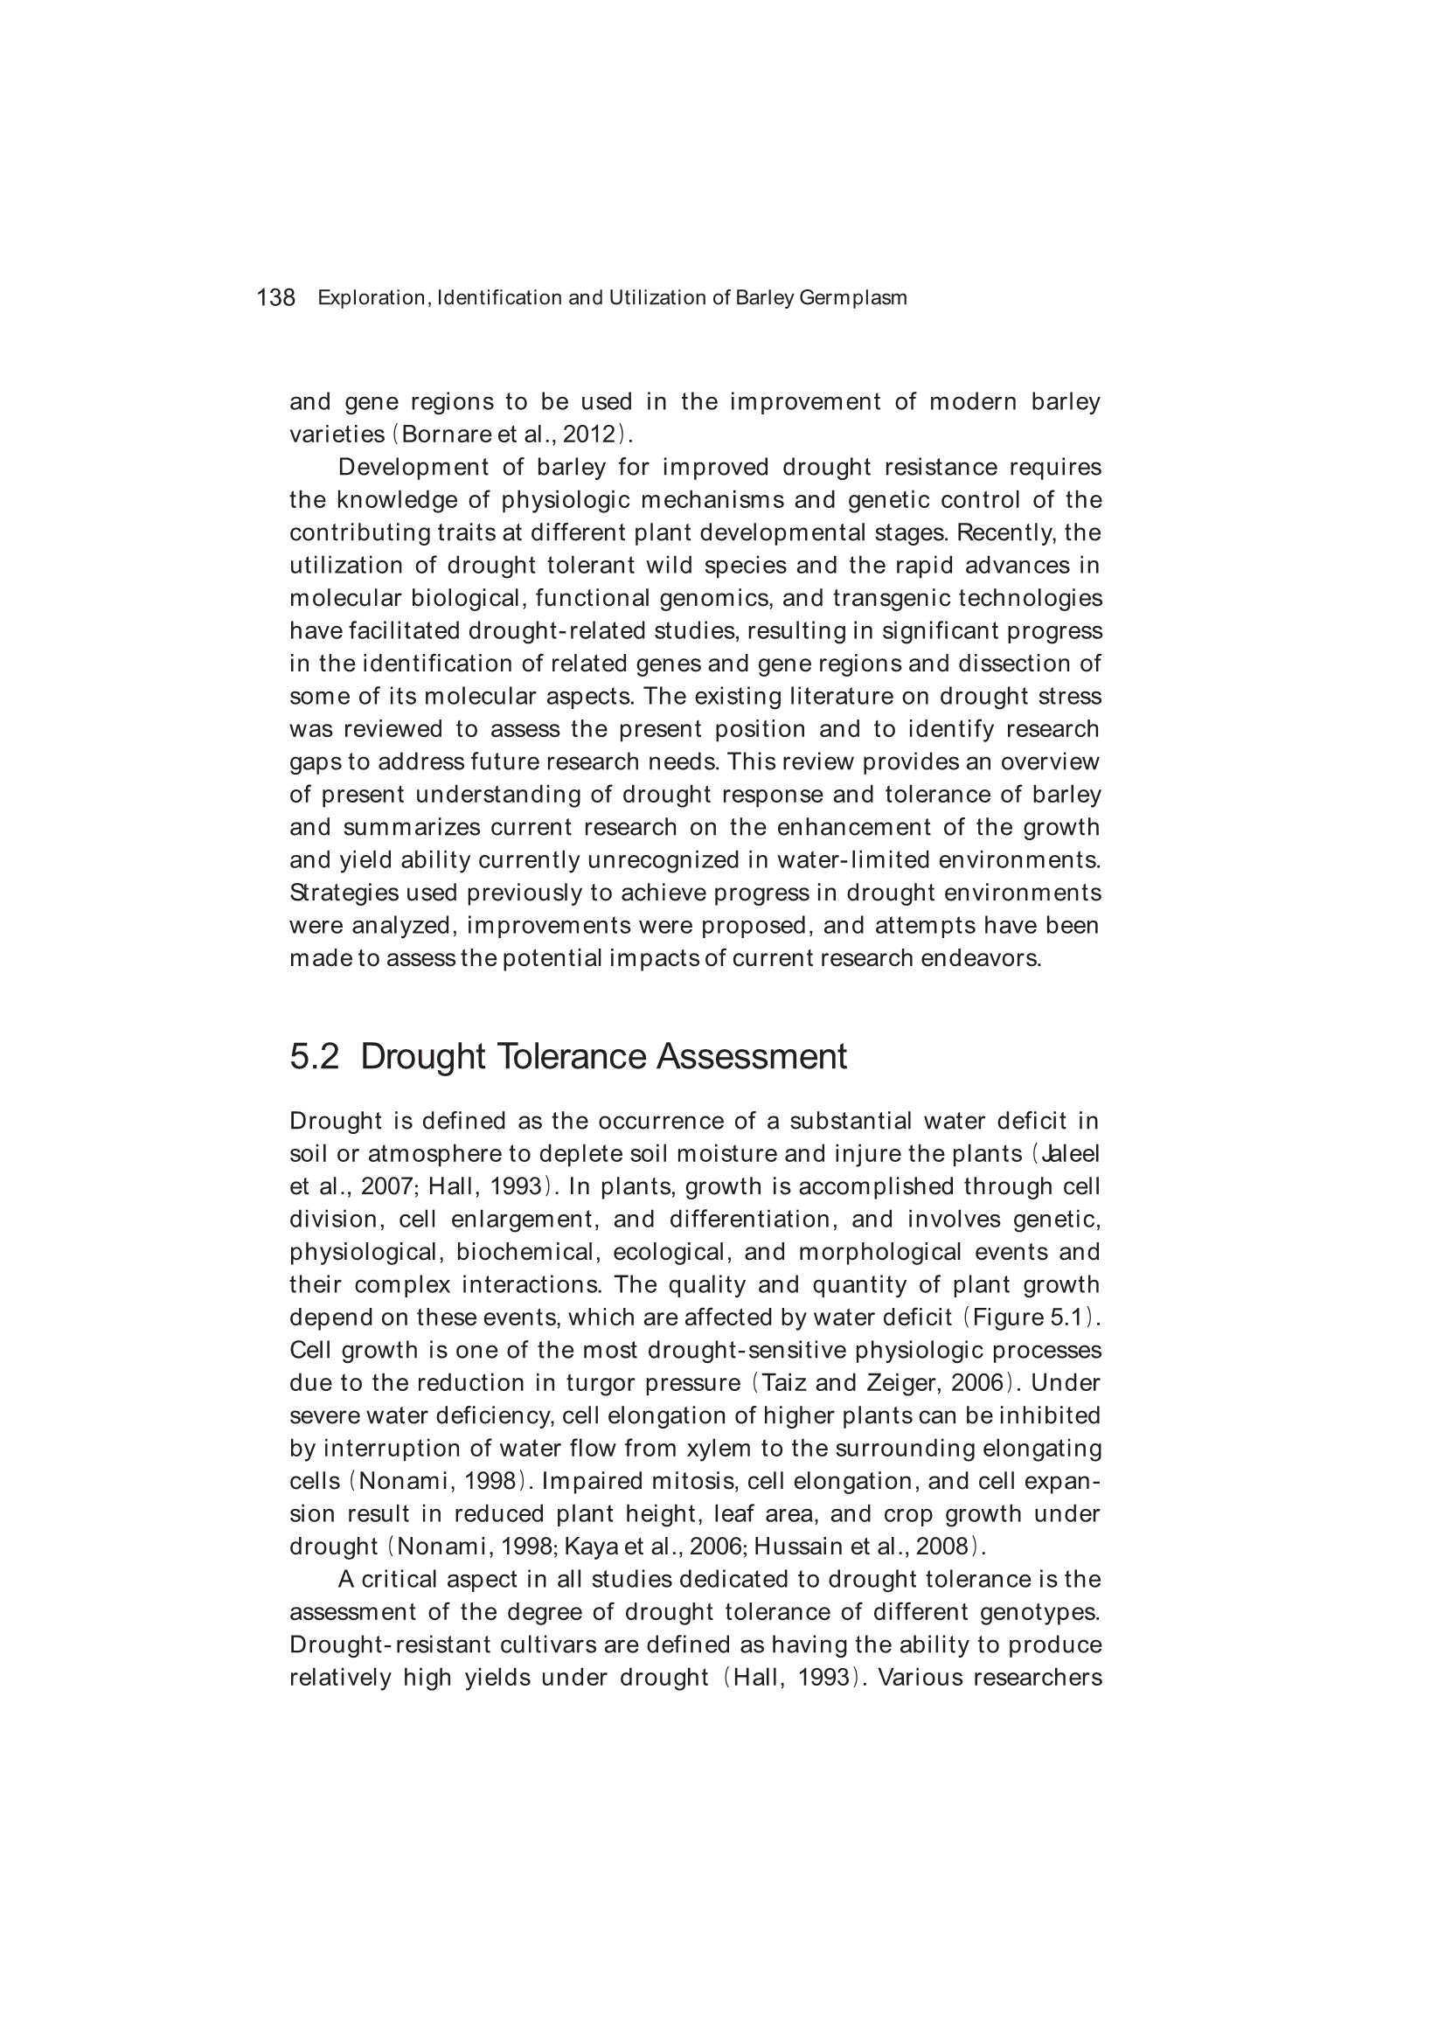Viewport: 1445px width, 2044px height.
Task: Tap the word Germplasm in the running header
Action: tap(853, 298)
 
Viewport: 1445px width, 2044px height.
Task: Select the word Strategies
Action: tap(344, 893)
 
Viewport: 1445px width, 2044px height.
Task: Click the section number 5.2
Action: tap(315, 1057)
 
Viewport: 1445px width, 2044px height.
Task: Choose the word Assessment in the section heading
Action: tap(752, 1057)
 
